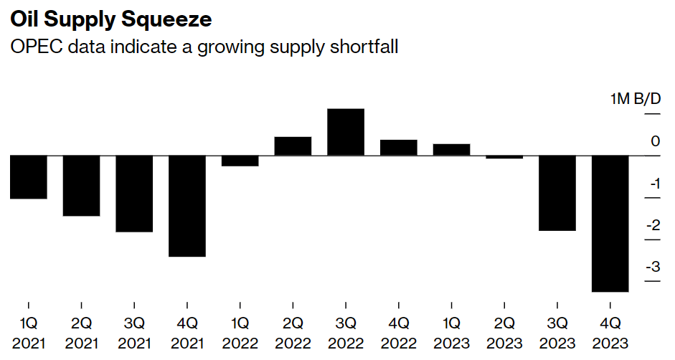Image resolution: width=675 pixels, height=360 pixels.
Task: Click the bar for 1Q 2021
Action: (x=29, y=177)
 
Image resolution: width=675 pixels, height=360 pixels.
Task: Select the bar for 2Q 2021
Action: (x=81, y=186)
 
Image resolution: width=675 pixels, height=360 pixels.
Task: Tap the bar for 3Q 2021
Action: (x=134, y=194)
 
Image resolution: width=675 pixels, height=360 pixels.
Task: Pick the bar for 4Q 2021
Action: (x=187, y=206)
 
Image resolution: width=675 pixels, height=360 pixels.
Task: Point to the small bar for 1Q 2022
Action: (x=240, y=161)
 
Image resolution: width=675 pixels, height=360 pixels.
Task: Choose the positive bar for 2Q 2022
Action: (x=293, y=146)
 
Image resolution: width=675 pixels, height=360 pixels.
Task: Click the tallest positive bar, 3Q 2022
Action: (x=346, y=132)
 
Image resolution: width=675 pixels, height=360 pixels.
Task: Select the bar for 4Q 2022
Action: (x=399, y=148)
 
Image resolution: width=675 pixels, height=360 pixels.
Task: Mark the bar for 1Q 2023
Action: (x=451, y=149)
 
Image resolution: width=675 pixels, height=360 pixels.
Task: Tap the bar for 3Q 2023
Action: (x=557, y=193)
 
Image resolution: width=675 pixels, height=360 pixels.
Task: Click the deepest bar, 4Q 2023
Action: (x=610, y=224)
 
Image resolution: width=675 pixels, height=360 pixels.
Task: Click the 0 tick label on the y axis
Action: (x=655, y=141)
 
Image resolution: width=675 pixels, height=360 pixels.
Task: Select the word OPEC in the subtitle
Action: (x=32, y=47)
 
